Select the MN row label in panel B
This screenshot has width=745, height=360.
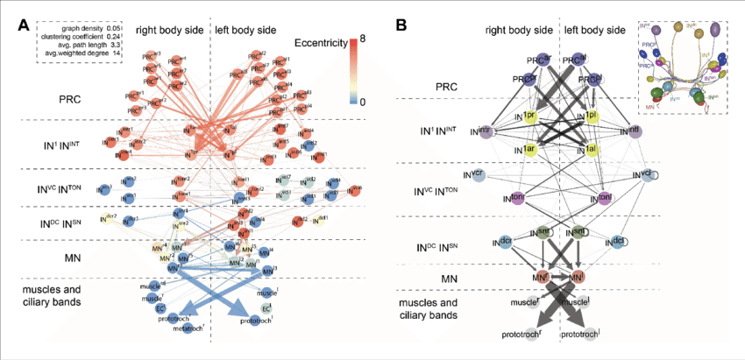[449, 279]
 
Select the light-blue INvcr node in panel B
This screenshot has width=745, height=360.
[475, 175]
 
